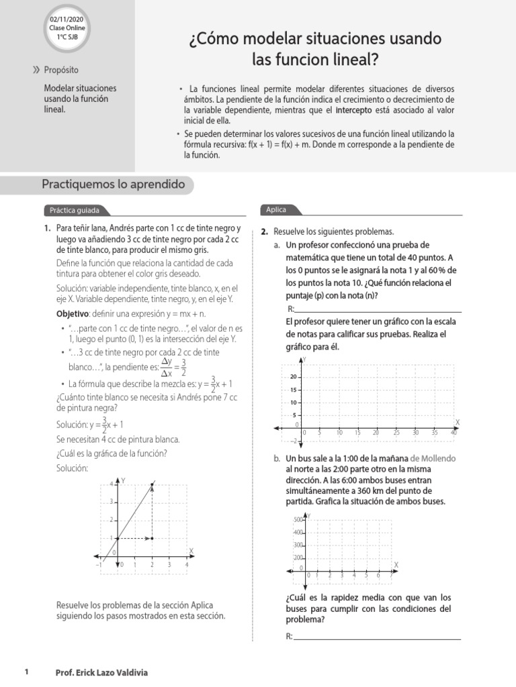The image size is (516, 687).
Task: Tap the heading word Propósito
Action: point(61,70)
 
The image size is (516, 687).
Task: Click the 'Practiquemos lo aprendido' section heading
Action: point(113,184)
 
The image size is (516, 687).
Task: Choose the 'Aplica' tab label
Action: point(276,210)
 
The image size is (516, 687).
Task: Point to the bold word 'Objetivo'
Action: point(72,314)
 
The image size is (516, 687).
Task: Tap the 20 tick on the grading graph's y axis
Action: point(294,377)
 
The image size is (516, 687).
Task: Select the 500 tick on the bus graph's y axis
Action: point(298,520)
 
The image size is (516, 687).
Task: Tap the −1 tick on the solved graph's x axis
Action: point(99,565)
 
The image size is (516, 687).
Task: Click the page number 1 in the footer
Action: point(26,672)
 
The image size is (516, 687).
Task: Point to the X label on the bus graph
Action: point(395,564)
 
